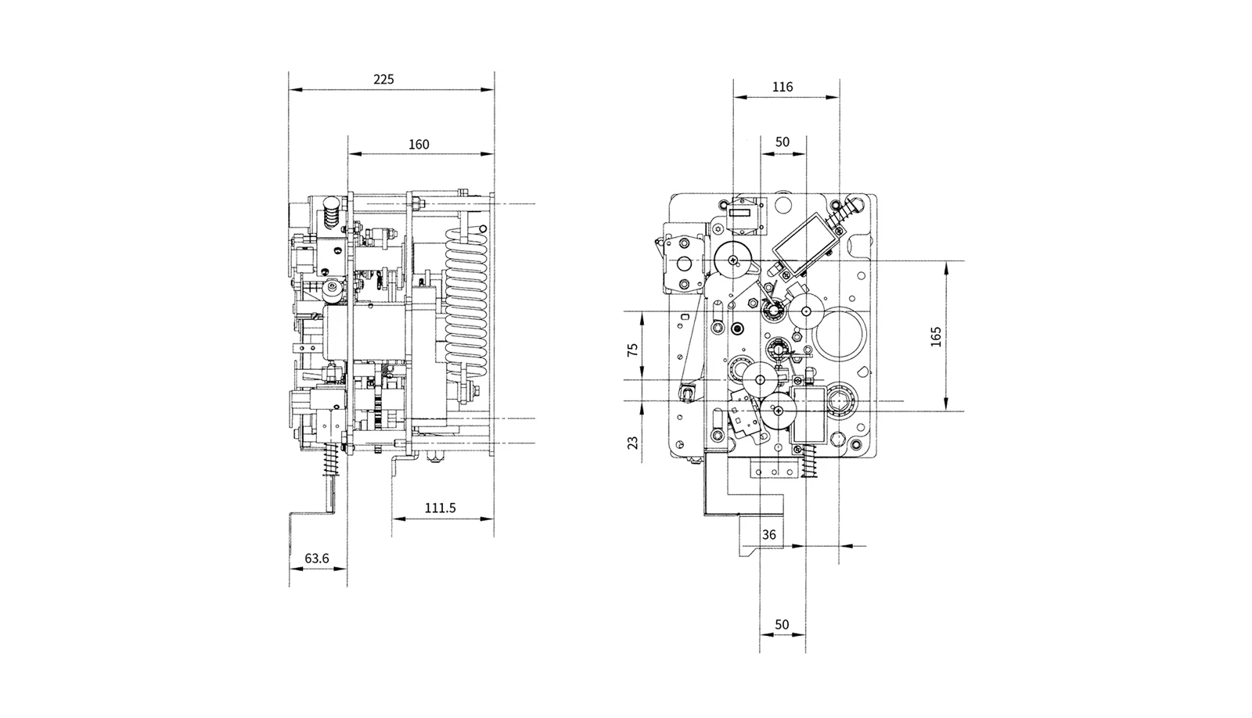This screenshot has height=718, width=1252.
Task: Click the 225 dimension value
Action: (x=383, y=79)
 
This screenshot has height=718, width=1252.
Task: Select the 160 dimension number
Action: (x=419, y=144)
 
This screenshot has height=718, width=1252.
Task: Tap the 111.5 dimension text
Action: (x=441, y=508)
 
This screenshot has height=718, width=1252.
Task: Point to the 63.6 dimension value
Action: (x=317, y=558)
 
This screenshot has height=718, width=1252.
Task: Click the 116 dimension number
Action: (x=782, y=87)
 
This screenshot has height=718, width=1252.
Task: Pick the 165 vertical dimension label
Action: (x=936, y=336)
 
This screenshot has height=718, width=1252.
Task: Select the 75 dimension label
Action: (x=633, y=350)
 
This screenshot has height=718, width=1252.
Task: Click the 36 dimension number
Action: (x=769, y=535)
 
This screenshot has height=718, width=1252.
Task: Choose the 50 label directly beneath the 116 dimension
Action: (x=782, y=142)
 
